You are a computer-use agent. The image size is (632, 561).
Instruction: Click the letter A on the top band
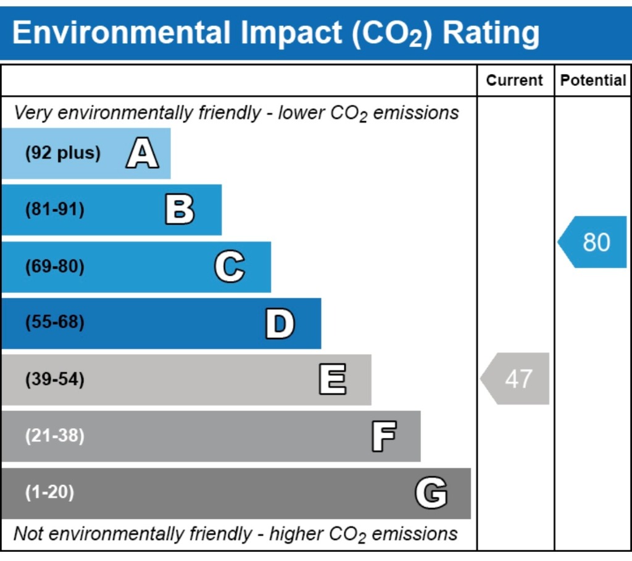coord(142,154)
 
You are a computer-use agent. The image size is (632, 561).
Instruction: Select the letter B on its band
coord(180,210)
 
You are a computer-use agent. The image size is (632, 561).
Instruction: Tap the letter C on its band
coord(230,267)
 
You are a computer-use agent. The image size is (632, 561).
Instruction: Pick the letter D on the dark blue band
coord(280,323)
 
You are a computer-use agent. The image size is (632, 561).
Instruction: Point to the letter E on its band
coord(332,379)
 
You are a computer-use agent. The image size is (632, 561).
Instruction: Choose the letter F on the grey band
coord(383,436)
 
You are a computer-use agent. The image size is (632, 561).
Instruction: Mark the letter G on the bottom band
coord(431,493)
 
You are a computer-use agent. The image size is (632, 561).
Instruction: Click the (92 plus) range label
coord(62,153)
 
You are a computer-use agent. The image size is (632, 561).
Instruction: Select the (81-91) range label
coord(55,210)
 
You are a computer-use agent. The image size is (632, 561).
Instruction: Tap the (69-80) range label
coord(55,267)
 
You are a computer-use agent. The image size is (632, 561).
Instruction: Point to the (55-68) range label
coord(55,323)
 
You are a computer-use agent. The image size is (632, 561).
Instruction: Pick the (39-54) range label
coord(55,379)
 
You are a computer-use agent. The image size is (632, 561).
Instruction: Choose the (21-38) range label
coord(55,436)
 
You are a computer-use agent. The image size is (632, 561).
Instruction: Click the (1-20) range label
coord(49,493)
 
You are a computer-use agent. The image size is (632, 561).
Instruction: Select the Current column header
coord(515,80)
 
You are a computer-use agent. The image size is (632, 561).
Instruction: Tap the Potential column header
coord(593,80)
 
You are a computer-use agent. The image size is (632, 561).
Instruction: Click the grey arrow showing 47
coord(516,379)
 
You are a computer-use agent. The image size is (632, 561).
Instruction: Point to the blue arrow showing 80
coord(594,242)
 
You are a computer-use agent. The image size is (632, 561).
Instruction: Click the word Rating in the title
coord(491,32)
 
